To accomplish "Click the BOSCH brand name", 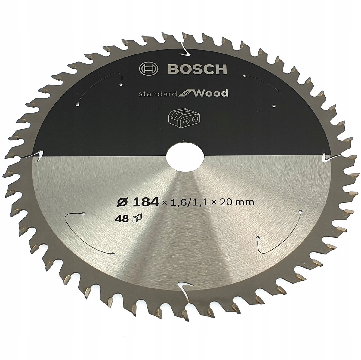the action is [x=197, y=69].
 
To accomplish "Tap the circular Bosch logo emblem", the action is [x=149, y=69].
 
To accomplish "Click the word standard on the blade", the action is [x=158, y=94].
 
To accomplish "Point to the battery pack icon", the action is [x=184, y=119].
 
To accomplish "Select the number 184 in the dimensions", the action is [x=145, y=202].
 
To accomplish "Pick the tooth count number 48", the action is [x=122, y=219].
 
